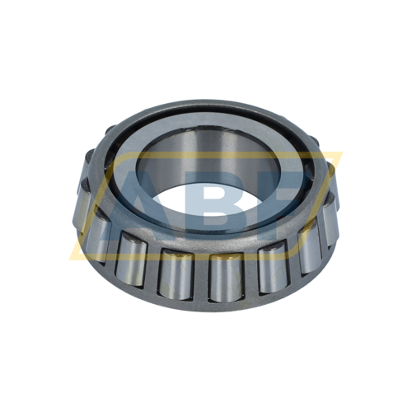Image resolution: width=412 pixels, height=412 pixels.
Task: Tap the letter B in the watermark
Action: point(210,202)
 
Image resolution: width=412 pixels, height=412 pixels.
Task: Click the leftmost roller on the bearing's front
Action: point(96,235)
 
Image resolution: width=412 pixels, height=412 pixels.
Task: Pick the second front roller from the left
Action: point(131,255)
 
